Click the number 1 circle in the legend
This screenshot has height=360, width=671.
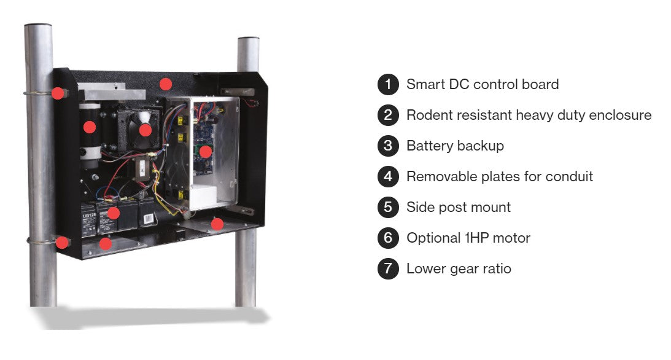tap(388, 84)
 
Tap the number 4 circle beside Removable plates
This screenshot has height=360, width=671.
tap(388, 176)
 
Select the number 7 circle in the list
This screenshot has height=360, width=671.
tap(388, 268)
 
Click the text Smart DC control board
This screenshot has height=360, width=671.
tap(482, 84)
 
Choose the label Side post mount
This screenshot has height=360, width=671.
tap(458, 207)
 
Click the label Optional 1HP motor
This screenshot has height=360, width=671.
tap(468, 238)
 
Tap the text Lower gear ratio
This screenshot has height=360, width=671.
tap(458, 268)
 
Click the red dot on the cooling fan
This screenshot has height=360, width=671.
tap(145, 130)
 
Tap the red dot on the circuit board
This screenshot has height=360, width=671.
tap(206, 151)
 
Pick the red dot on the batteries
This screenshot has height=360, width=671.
tap(113, 213)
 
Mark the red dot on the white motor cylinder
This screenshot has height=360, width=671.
tap(90, 127)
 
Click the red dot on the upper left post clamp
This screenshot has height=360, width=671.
tap(57, 93)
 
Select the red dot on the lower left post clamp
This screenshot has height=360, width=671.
tap(61, 242)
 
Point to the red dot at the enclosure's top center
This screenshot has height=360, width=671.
tap(165, 84)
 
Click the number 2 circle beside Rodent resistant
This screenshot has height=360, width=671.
tap(388, 115)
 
